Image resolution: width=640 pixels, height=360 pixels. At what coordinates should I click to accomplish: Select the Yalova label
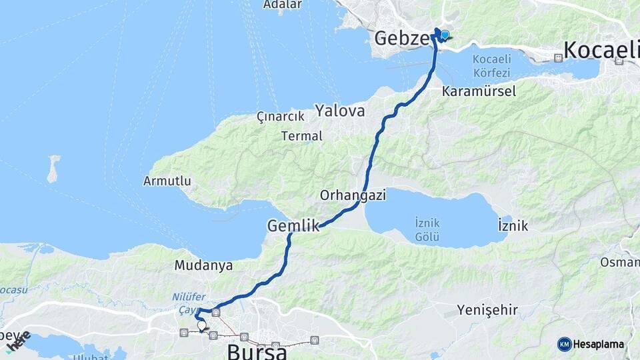pos(341,111)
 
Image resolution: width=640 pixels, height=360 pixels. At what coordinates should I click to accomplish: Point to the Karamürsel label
pos(479,91)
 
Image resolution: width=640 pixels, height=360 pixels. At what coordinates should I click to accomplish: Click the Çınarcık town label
pos(280,117)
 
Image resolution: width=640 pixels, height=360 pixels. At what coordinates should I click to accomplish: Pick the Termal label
pos(302,136)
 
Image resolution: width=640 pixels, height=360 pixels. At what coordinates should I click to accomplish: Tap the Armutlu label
pos(167,181)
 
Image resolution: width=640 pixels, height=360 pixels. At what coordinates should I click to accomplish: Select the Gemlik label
pos(293,226)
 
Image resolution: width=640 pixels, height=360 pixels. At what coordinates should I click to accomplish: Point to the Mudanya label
pos(203,265)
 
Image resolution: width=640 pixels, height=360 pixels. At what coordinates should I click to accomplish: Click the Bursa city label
pos(257,351)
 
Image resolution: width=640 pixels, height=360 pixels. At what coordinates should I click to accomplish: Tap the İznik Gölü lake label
pos(427,228)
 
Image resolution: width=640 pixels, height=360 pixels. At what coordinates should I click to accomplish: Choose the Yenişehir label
pos(487,310)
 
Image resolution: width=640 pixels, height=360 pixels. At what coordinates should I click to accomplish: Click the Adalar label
pos(283,5)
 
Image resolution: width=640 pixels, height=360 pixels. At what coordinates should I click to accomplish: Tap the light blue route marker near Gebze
pos(445,35)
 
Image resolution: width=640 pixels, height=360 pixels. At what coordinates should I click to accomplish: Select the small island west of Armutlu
pos(53,169)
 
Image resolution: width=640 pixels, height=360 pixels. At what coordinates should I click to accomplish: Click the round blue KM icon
pos(564,344)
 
